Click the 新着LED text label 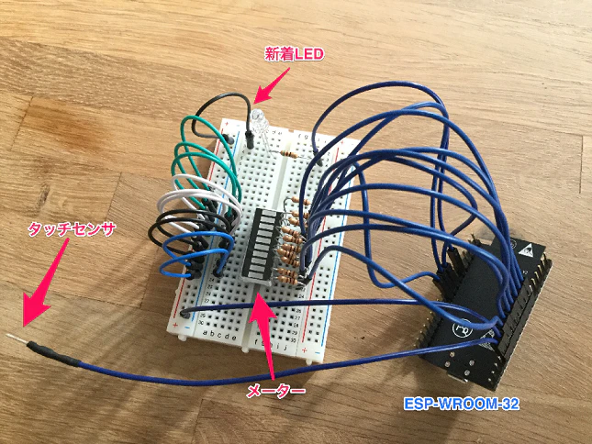tap(294, 55)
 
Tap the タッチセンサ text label tap(72, 229)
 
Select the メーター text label tap(275, 391)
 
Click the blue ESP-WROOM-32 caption tap(462, 404)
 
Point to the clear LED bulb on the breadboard tap(258, 120)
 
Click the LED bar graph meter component tap(260, 245)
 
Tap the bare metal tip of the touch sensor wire tap(17, 339)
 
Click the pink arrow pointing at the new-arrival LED tap(271, 85)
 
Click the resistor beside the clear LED tap(290, 153)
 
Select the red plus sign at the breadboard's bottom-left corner tap(174, 326)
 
